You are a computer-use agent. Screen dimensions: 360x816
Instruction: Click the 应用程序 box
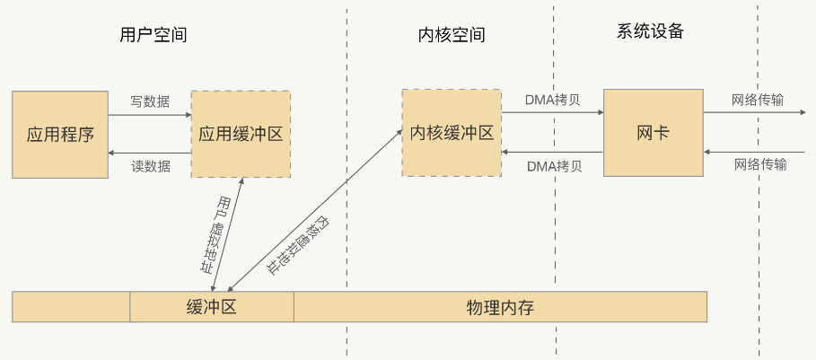tap(60, 134)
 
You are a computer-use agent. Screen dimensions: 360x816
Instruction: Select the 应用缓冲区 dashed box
tap(240, 134)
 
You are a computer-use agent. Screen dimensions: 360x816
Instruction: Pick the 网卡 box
tap(653, 132)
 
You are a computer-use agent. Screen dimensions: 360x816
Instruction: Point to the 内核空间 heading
tap(452, 35)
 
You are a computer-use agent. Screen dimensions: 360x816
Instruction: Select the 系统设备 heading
tap(650, 31)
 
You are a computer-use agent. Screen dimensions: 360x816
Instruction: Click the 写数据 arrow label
tap(150, 101)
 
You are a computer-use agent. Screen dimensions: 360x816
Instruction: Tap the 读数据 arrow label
tap(150, 166)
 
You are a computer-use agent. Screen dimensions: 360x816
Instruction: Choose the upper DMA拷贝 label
tap(552, 99)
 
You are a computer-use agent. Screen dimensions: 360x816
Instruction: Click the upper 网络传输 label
tap(758, 99)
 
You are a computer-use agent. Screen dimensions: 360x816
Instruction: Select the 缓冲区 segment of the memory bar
tap(212, 307)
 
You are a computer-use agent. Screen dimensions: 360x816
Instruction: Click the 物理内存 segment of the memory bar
tap(500, 307)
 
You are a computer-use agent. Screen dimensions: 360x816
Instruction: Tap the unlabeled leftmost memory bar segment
tap(71, 307)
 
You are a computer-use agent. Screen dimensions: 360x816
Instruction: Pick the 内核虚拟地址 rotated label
tap(296, 244)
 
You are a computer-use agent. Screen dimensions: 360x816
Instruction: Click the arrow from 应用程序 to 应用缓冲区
tap(150, 115)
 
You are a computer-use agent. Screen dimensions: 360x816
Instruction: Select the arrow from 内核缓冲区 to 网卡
tap(552, 113)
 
